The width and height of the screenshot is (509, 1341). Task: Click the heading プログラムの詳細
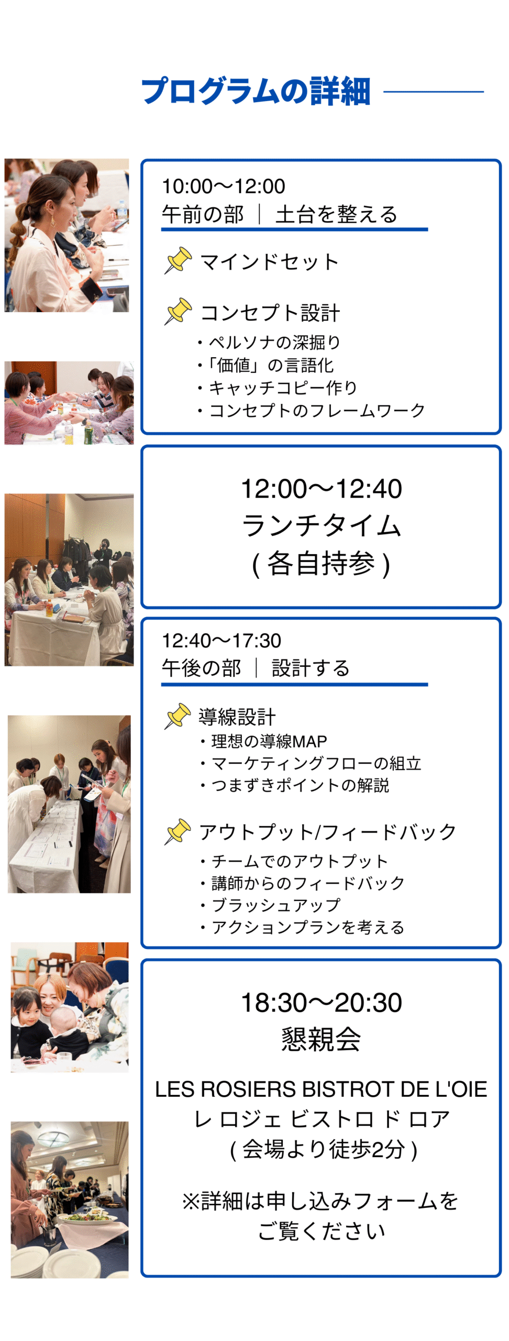256,91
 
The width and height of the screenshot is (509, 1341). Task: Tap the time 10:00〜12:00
224,186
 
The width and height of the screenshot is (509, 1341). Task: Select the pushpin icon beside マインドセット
178,260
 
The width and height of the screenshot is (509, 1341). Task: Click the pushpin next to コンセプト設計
178,311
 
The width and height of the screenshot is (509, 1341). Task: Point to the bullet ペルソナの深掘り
269,342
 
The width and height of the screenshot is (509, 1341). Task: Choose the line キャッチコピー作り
278,388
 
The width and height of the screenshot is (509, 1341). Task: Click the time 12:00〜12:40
321,489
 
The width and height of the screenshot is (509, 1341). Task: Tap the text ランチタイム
321,525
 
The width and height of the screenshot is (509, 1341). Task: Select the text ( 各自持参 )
321,564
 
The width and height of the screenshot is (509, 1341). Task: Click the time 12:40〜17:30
222,640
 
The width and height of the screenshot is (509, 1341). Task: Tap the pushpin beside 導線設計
178,716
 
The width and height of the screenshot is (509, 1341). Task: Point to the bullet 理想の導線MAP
264,741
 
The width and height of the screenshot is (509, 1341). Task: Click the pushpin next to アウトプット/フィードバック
178,831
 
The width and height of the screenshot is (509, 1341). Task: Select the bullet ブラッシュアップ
270,905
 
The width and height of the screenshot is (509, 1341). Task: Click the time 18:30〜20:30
321,1003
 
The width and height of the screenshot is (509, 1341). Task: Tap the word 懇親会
321,1039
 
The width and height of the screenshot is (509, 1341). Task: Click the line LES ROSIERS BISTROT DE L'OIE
321,1090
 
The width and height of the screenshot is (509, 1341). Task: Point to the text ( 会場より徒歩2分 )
323,1150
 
